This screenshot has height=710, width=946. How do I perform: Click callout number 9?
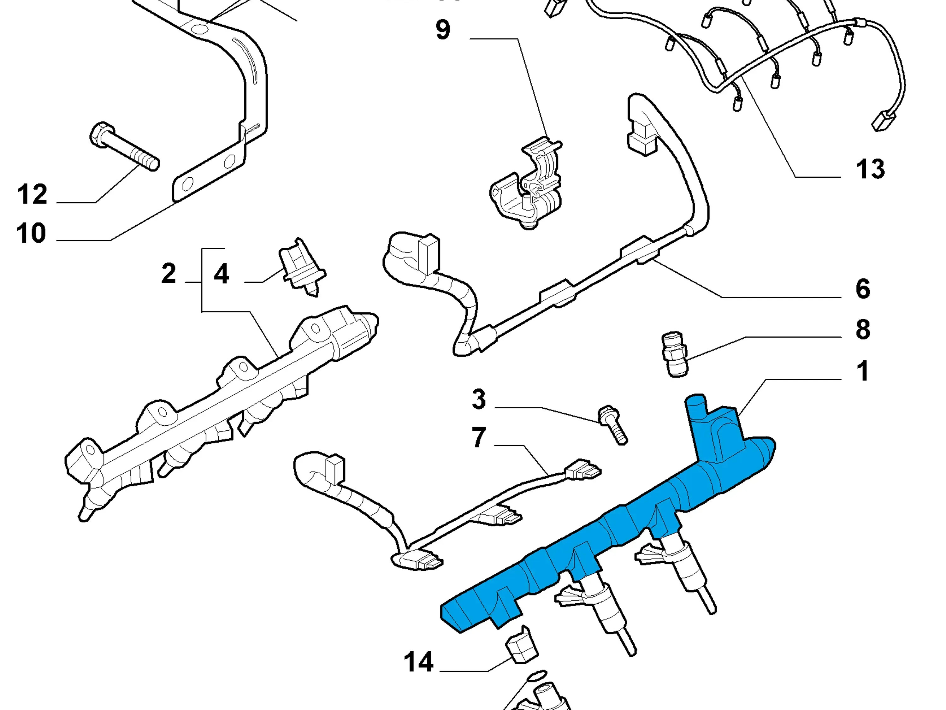point(443,30)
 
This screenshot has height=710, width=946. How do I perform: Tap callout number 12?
point(32,195)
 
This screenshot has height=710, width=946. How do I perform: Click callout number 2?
point(169,274)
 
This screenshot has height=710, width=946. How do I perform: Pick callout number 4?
point(221,274)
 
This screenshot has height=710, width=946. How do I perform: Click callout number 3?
point(479,399)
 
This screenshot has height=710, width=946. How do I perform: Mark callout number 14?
point(419,662)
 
